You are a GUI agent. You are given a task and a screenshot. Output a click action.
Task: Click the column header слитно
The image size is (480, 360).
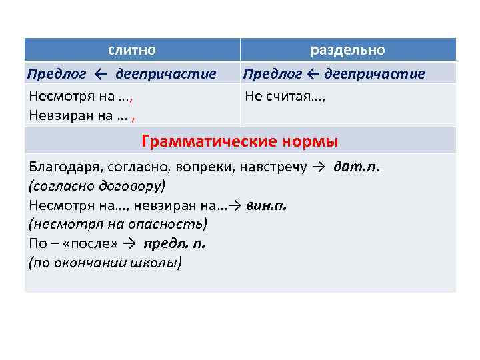click(132, 50)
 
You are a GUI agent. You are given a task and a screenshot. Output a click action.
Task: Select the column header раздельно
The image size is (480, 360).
click(347, 50)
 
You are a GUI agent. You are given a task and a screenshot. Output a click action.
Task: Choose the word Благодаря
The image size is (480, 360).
click(62, 167)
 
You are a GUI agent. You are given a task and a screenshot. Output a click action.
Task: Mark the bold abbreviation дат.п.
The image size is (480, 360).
click(357, 167)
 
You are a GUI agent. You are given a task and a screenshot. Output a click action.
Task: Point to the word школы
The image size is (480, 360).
click(159, 263)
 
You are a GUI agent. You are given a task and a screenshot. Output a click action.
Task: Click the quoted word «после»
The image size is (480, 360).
click(90, 243)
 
